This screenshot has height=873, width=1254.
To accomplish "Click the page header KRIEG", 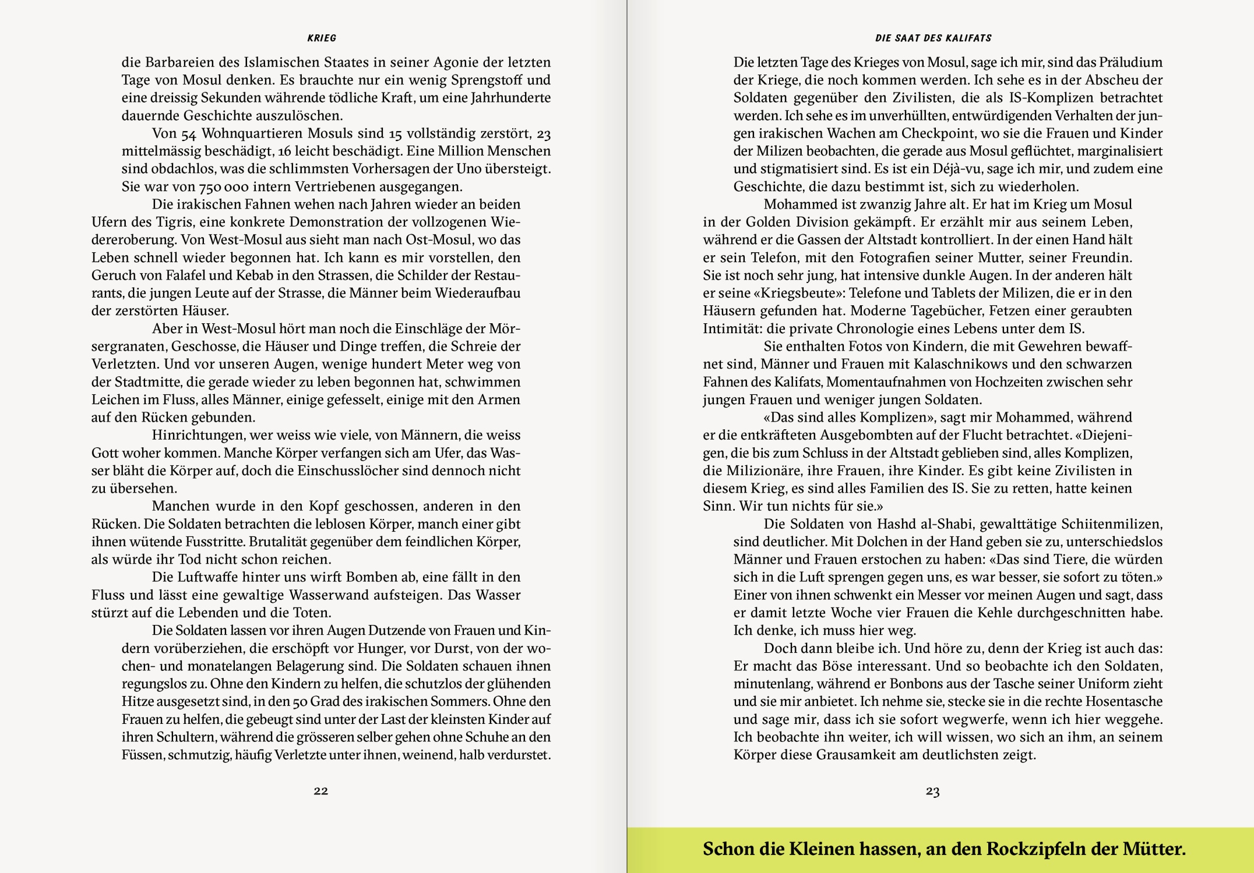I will pos(321,38).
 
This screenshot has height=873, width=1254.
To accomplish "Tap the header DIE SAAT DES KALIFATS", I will pos(933,38).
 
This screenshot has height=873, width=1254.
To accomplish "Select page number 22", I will pos(321,790).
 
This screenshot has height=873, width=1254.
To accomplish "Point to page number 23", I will pos(933,791).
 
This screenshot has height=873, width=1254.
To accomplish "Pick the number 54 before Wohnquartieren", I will pos(189,134).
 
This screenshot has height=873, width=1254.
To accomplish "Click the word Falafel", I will pos(202,275).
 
